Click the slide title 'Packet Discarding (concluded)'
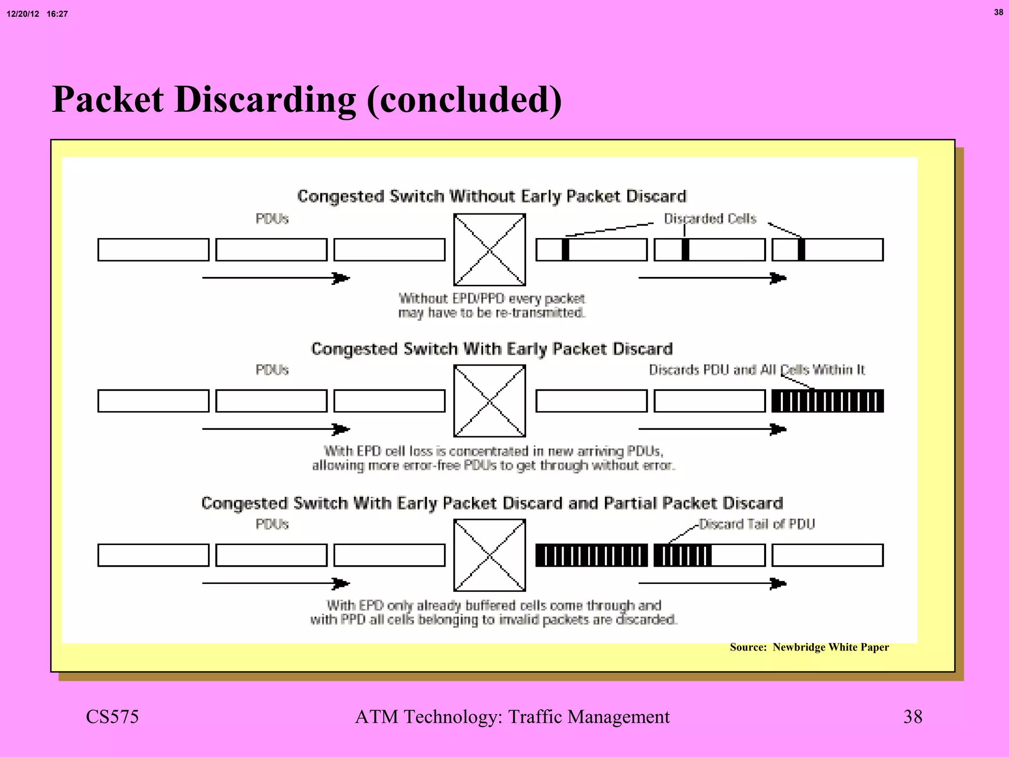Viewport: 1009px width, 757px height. coord(306,100)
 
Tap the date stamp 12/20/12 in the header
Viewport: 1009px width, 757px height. coord(23,14)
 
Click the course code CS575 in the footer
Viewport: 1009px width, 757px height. coord(112,717)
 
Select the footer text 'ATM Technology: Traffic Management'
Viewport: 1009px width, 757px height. coord(512,717)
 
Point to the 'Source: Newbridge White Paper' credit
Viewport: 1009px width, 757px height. coord(809,647)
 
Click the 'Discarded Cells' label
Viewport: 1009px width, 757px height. coord(709,218)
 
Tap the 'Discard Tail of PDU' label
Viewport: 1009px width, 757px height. coord(757,524)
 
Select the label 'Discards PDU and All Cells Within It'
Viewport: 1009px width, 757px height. coord(756,370)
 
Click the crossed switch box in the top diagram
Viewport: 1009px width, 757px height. coord(489,249)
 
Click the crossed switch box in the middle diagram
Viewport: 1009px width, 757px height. coord(489,401)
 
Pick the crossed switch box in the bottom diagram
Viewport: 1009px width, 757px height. coord(489,555)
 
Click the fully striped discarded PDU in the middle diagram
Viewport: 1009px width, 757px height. coord(827,401)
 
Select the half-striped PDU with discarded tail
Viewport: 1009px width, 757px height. coord(709,555)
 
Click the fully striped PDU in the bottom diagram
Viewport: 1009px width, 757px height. coord(591,555)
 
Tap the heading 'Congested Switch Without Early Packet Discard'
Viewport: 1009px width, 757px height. coord(491,196)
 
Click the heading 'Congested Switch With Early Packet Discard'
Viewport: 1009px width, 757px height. coord(491,349)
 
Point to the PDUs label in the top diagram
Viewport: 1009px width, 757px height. coord(272,219)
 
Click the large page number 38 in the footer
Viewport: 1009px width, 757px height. coord(912,717)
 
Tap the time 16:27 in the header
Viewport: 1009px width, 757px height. coord(57,14)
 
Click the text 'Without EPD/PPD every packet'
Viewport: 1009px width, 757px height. coord(491,299)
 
